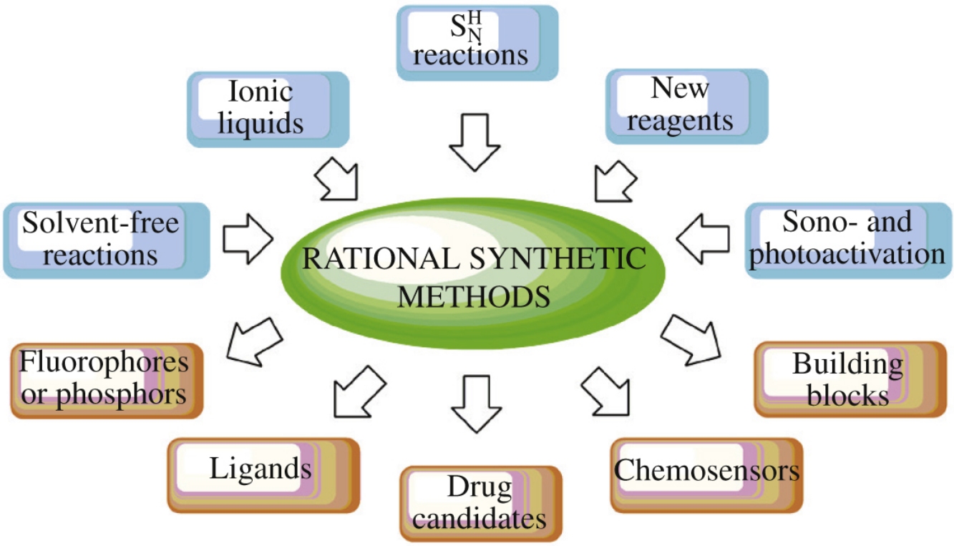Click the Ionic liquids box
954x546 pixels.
[x=267, y=107]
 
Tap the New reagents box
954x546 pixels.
[x=686, y=106]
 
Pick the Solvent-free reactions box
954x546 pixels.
[x=106, y=240]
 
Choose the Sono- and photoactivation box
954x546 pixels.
[x=849, y=239]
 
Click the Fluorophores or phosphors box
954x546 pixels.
[x=106, y=380]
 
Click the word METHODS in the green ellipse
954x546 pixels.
[x=474, y=295]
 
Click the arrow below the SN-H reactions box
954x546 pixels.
[x=473, y=140]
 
